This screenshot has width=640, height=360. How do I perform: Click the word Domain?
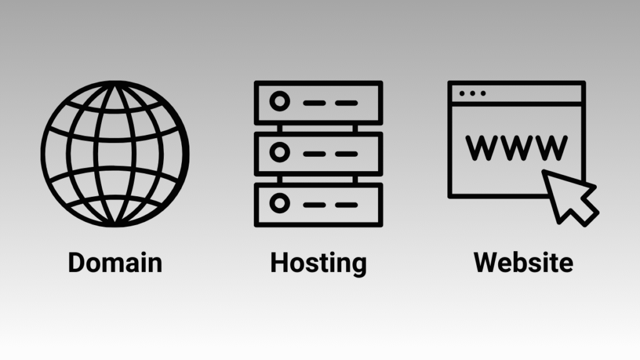pyautogui.click(x=115, y=262)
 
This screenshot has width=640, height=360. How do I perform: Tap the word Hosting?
pyautogui.click(x=318, y=262)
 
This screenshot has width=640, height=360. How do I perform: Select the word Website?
pyautogui.click(x=523, y=262)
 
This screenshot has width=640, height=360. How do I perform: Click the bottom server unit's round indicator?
pyautogui.click(x=279, y=204)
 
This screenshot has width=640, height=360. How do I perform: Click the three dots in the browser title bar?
pyautogui.click(x=472, y=94)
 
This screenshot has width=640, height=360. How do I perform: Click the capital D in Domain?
pyautogui.click(x=76, y=262)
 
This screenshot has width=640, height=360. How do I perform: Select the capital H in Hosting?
pyautogui.click(x=279, y=262)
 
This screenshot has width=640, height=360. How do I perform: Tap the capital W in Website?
pyautogui.click(x=485, y=262)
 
